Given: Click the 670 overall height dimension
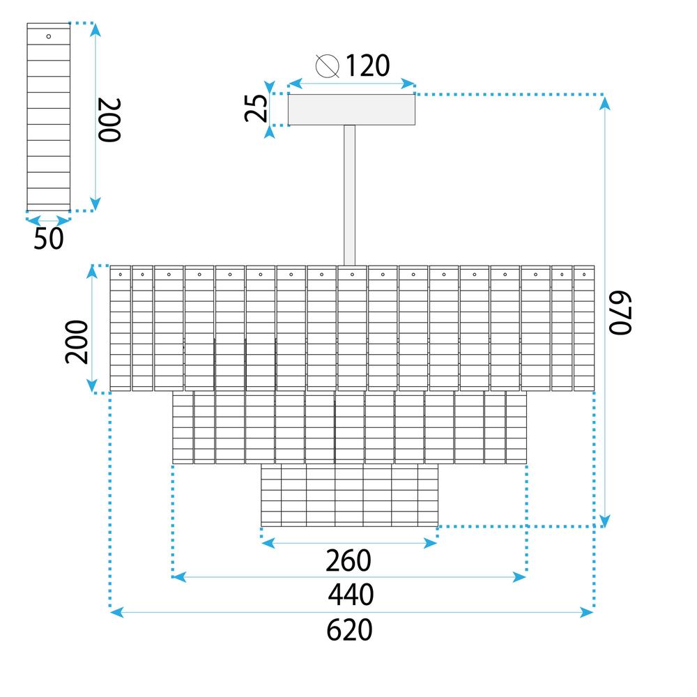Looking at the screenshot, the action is coord(620,312).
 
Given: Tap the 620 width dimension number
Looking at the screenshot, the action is coord(349,630).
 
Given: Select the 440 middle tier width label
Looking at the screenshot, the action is coord(351,595).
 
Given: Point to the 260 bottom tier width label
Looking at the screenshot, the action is coord(348,560).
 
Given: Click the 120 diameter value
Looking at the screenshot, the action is coord(367,66).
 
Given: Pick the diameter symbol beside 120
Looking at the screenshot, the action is coord(328,66).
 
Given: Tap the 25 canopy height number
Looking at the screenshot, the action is coord(256,109).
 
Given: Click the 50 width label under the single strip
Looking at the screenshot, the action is coord(49,238).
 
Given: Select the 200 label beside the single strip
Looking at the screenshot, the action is coord(109,120).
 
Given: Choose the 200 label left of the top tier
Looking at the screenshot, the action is coord(77,342).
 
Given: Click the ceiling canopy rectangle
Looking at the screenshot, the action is coord(351,109).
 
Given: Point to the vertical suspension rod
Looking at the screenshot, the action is coord(350,195).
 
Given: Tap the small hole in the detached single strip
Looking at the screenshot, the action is coord(49,36).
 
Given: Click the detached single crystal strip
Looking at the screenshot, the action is coord(49,117).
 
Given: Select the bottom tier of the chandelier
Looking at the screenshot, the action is coord(349,495).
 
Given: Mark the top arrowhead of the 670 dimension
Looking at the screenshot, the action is coord(604,102).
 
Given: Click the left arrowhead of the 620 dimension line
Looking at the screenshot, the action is coord(117,613).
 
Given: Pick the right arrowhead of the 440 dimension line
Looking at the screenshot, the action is coord(519,577).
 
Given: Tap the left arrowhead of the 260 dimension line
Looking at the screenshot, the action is coord(268,543).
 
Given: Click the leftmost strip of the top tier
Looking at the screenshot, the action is coord(121,328).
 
